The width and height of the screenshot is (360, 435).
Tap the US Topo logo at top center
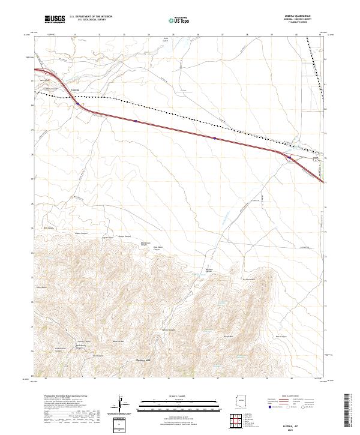coord(179,20)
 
